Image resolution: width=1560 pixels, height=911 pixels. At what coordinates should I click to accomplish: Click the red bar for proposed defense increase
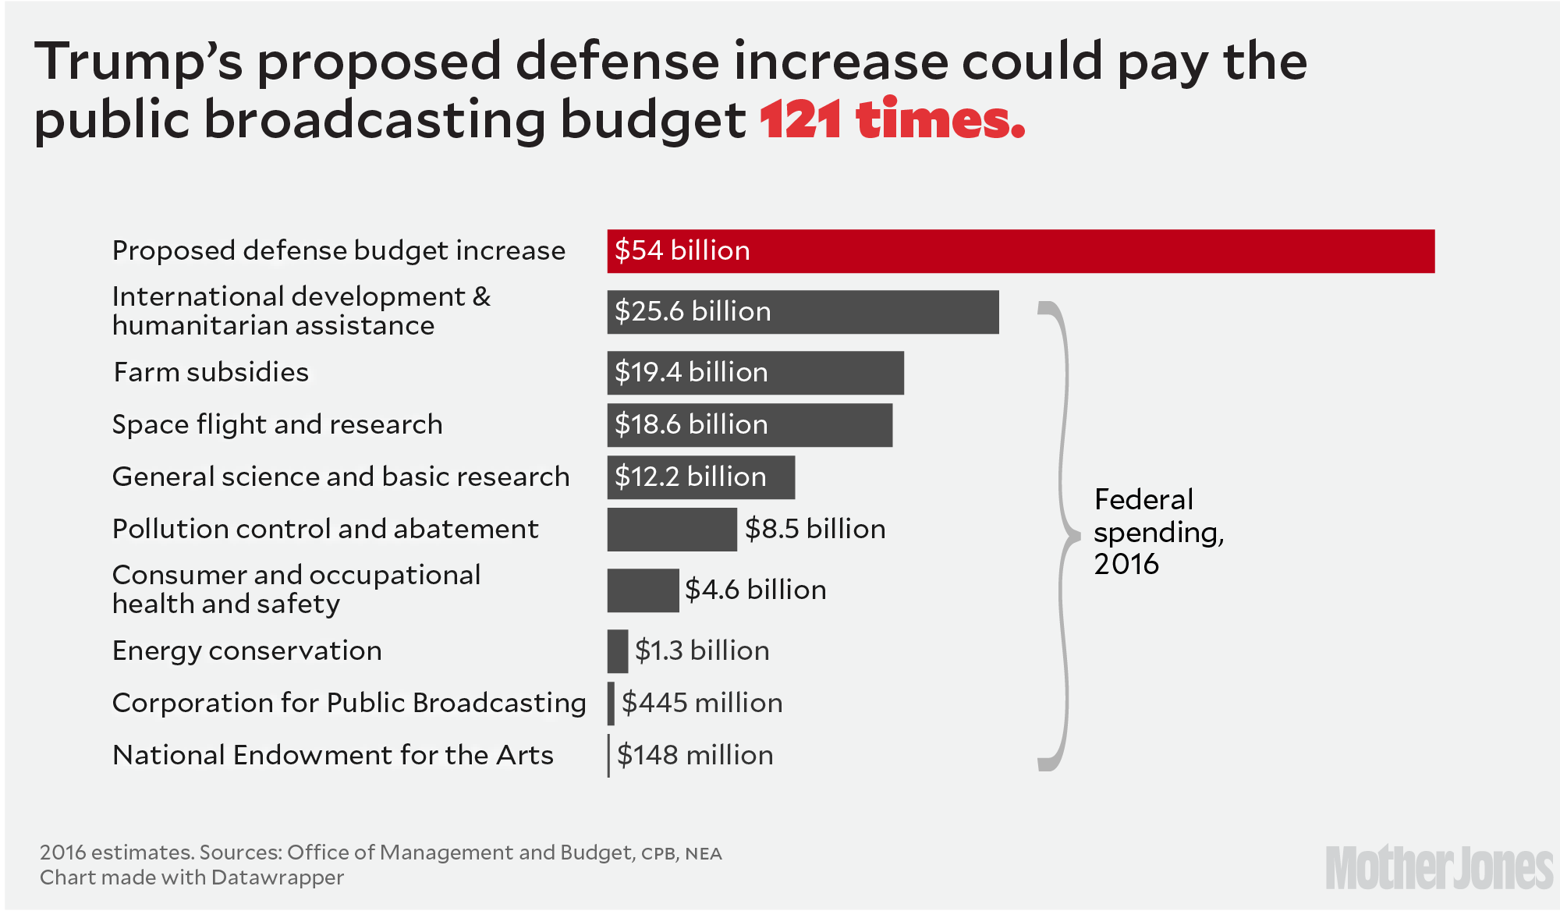coord(1020,251)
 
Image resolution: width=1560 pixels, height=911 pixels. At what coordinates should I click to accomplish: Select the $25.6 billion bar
coord(803,312)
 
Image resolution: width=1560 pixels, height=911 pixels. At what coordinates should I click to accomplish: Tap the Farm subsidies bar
coord(755,373)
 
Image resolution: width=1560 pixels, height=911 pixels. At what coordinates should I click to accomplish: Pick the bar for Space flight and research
coord(750,425)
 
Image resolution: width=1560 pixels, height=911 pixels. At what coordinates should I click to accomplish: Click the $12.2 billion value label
coord(690,477)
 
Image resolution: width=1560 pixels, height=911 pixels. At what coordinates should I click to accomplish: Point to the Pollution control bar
coord(672,530)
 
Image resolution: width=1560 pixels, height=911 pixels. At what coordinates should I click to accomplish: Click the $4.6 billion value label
coord(755,590)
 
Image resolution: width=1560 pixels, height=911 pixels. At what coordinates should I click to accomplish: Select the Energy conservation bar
coord(618,651)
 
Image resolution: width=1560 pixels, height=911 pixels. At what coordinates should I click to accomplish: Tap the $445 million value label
coord(702,703)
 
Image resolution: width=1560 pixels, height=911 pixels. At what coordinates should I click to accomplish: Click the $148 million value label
coord(695,755)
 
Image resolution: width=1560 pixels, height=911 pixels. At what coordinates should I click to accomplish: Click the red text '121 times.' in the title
coord(892,120)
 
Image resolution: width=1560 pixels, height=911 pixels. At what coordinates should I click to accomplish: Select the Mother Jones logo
coord(1439,867)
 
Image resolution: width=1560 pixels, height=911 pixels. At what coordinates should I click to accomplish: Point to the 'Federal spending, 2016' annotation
coord(1158,532)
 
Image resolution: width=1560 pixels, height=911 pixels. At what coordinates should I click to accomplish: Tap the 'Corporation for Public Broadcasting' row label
coord(349,703)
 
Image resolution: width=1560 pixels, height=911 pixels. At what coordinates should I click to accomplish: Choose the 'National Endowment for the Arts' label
coord(333,755)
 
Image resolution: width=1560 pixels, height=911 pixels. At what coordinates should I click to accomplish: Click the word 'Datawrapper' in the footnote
coord(277,877)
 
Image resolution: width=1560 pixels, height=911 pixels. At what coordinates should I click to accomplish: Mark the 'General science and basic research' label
coord(341,477)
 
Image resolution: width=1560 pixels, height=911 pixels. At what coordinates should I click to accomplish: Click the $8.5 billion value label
coord(815,529)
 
